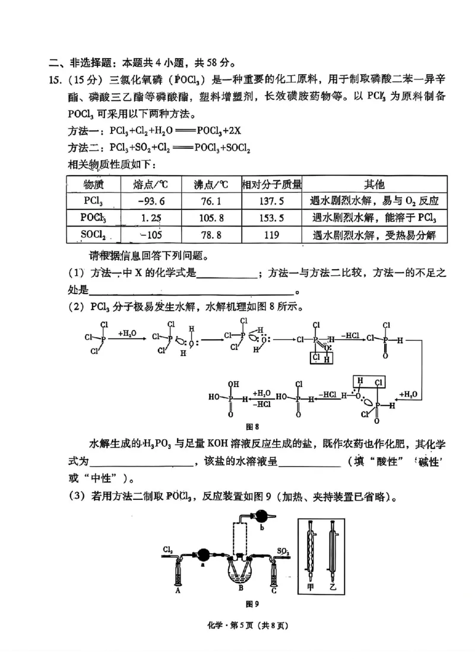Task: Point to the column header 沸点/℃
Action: (211, 184)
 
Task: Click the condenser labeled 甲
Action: (309, 551)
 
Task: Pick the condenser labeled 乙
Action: (331, 551)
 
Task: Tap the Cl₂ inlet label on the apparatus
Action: (167, 550)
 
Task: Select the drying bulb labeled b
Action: (261, 515)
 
